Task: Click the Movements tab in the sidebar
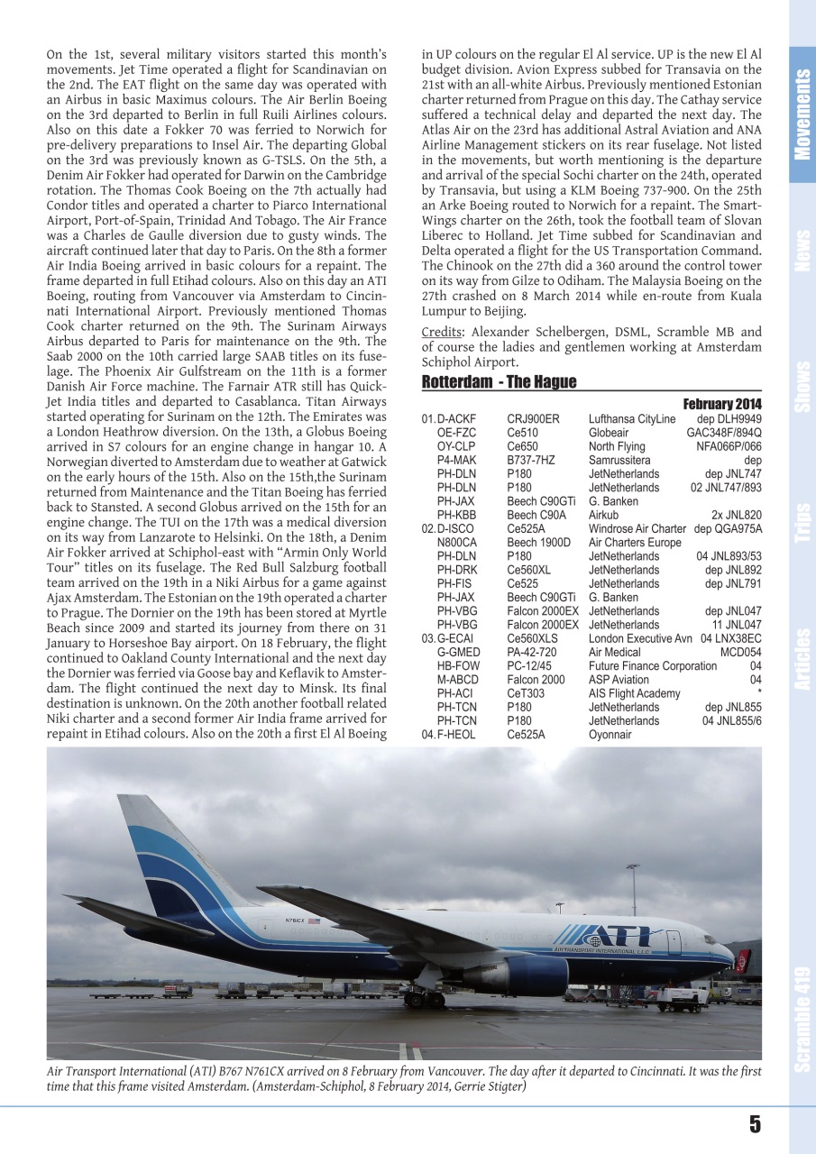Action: (802, 114)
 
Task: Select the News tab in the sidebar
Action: (802, 250)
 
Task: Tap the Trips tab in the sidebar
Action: (802, 523)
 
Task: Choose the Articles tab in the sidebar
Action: (802, 659)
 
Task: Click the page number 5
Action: (754, 1123)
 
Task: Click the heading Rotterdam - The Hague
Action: (499, 382)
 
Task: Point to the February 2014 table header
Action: (721, 403)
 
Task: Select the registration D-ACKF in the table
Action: (456, 419)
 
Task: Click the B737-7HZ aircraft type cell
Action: (531, 460)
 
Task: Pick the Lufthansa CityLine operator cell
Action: (631, 419)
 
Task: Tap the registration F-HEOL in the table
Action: (456, 735)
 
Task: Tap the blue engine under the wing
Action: (527, 975)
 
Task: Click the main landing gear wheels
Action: (424, 998)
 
